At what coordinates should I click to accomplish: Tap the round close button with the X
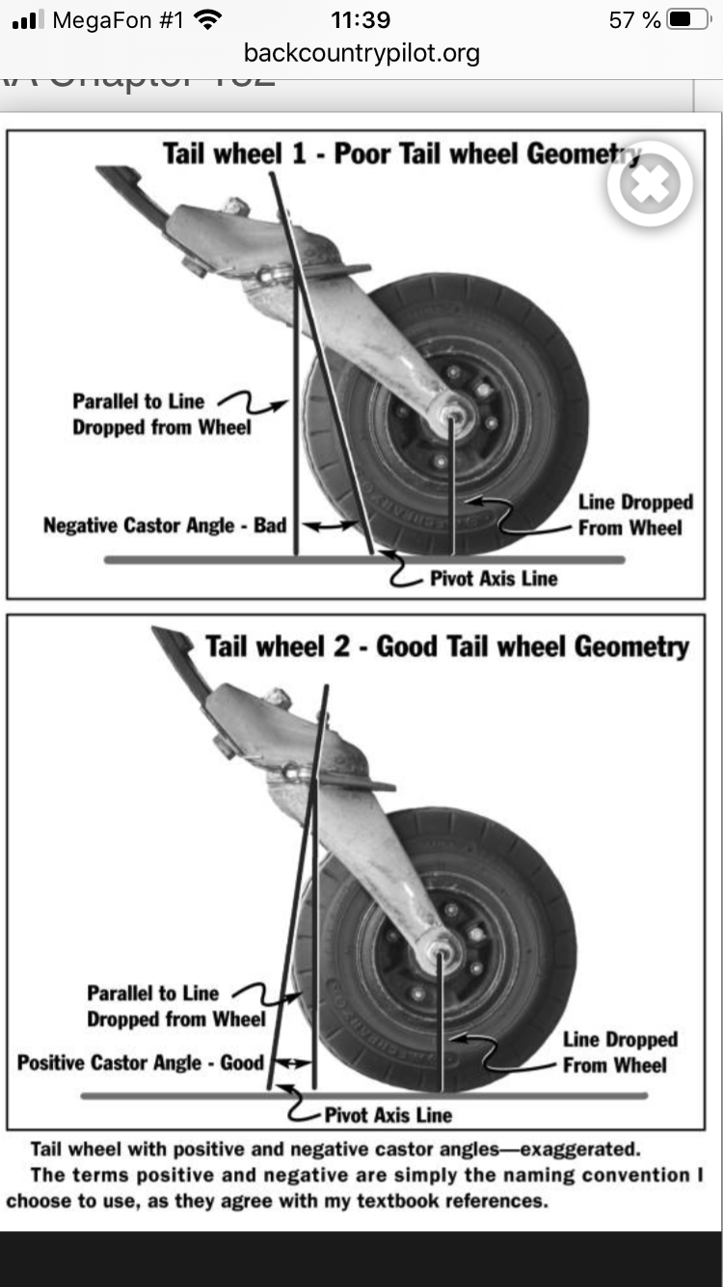(650, 184)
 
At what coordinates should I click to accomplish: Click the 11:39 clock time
(361, 19)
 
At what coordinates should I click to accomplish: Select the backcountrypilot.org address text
(361, 52)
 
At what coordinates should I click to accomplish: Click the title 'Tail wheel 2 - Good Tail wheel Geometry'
(447, 646)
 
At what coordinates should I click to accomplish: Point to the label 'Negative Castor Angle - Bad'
(165, 526)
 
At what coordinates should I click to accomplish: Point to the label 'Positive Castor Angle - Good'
(141, 1063)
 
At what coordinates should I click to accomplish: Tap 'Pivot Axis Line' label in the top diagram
(494, 579)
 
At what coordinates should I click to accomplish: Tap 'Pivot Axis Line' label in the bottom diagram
(388, 1115)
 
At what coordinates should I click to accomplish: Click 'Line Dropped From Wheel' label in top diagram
(634, 515)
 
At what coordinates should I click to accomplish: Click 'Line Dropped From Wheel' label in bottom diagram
(620, 1053)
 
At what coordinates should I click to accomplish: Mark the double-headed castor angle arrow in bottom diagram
(291, 1063)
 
